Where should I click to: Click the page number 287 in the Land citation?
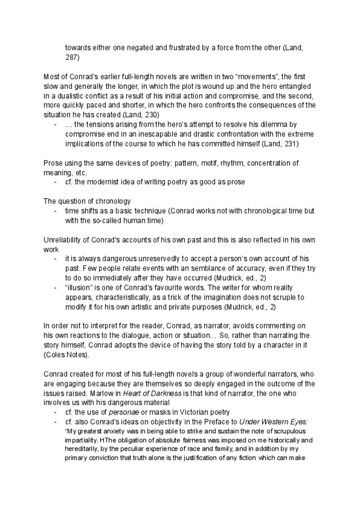71,58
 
